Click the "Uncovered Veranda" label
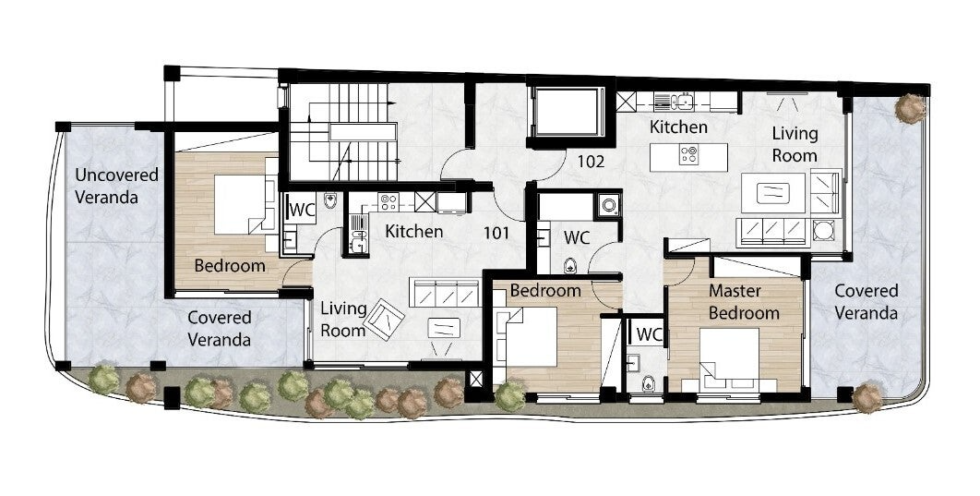116,186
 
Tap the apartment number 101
496,234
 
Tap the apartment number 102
591,162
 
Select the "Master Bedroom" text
744,301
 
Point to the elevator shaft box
567,112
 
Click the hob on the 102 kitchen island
688,154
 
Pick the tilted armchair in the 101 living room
385,319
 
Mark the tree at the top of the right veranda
909,108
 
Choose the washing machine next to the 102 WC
607,204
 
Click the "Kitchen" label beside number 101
413,232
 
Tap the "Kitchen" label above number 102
678,127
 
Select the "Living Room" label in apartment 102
795,144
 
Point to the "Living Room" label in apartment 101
343,319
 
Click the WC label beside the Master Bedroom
650,334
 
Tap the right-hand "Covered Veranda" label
866,301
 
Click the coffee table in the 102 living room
773,193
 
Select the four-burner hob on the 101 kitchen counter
388,201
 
